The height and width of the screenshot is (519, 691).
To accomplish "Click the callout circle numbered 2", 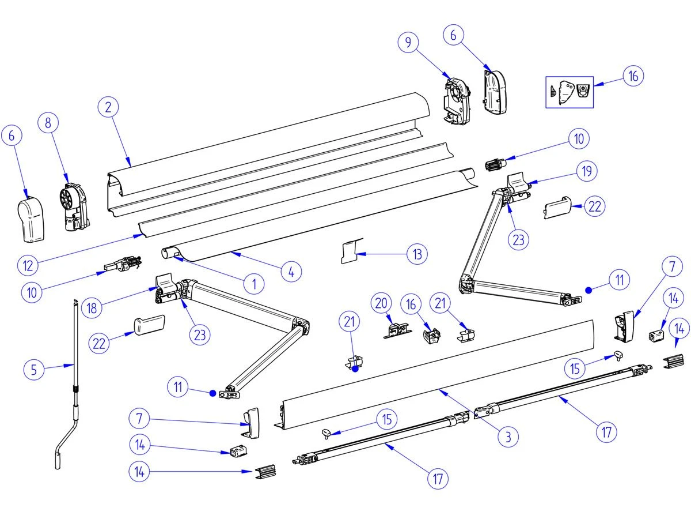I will click(108, 107).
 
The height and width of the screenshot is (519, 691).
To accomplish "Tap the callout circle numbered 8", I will click(48, 123).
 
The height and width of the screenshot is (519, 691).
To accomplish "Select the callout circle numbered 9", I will click(408, 42).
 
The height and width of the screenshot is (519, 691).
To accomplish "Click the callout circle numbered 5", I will click(33, 368).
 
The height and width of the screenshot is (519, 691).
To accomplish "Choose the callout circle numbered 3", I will click(508, 436).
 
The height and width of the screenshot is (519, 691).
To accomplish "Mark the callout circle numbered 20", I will click(381, 303).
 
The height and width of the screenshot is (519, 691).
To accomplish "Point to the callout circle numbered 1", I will click(253, 283).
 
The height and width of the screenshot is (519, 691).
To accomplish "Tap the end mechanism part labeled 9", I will click(456, 100).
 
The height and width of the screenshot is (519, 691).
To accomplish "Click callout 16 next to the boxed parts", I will click(633, 76).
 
